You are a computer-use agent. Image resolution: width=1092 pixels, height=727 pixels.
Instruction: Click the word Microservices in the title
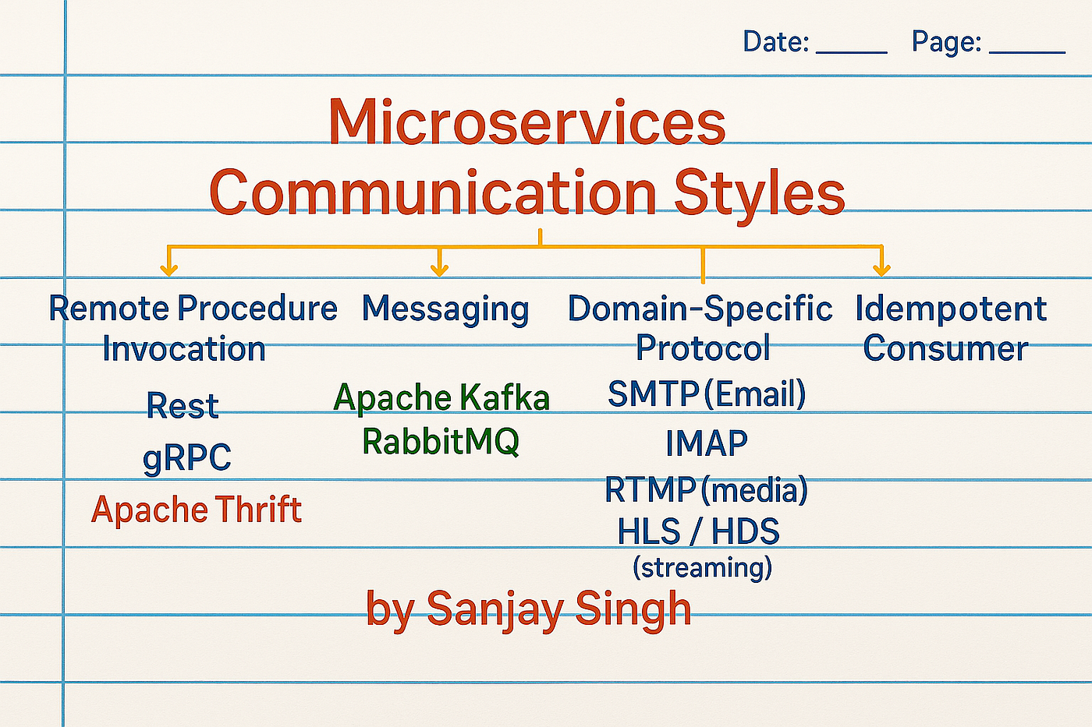click(x=527, y=122)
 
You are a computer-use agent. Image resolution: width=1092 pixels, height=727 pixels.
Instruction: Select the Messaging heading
click(x=445, y=309)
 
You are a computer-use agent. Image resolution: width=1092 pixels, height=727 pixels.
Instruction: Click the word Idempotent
click(x=951, y=309)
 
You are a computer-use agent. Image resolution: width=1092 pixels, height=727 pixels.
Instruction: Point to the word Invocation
click(x=184, y=348)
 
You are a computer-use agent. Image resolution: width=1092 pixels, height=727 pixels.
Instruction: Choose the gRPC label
click(x=187, y=457)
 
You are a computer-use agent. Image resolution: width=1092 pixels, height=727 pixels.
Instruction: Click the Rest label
click(x=183, y=405)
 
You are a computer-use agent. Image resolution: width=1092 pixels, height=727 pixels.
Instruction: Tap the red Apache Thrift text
click(x=197, y=510)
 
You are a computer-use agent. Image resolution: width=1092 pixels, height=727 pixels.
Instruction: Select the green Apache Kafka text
click(x=441, y=398)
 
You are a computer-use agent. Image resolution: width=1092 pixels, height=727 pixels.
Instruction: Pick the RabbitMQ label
click(x=441, y=442)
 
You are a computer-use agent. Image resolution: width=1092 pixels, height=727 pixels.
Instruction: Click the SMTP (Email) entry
click(x=707, y=393)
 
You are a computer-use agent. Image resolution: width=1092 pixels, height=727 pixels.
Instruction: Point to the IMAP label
click(x=707, y=443)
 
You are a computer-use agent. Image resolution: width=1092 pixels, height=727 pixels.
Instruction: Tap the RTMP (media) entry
click(x=707, y=490)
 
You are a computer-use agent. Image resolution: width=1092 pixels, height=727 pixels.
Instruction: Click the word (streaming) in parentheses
click(x=703, y=567)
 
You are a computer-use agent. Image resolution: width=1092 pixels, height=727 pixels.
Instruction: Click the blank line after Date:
click(x=851, y=52)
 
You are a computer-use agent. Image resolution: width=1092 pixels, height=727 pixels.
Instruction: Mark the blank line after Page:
click(x=1027, y=52)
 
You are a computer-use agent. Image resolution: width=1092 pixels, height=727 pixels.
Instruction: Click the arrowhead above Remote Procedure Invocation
click(x=168, y=270)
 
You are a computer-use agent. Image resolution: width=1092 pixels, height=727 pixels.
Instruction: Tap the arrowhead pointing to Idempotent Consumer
click(x=882, y=270)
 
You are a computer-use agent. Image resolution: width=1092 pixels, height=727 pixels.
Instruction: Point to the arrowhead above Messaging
click(x=440, y=270)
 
